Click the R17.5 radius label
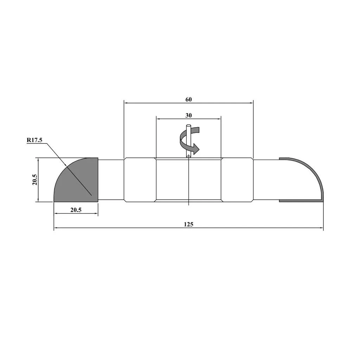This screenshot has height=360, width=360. coord(34,140)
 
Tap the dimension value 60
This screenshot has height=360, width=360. coord(188,99)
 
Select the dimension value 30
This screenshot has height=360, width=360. coord(188,115)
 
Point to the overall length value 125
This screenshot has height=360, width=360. coord(188,224)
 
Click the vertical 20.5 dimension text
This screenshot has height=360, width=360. coord(35,180)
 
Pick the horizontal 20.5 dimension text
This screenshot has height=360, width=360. coord(76,210)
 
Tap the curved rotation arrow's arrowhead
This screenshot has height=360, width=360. coord(196,148)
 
